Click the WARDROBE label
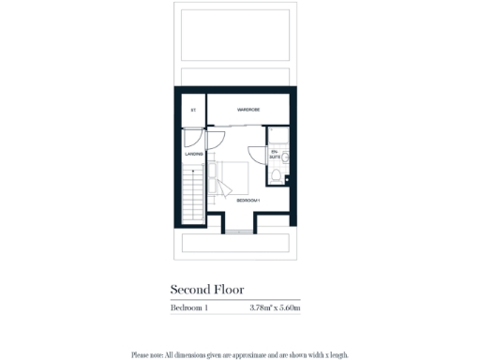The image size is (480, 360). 248,111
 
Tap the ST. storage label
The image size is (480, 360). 192,111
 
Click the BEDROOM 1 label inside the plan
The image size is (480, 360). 247,201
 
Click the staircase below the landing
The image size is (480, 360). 194,197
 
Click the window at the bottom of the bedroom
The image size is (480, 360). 240,231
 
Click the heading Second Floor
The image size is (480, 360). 206,291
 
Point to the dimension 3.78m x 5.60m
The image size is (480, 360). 275,307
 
